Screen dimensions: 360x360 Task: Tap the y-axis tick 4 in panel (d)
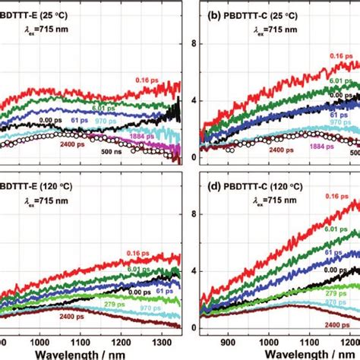tap(193, 271)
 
